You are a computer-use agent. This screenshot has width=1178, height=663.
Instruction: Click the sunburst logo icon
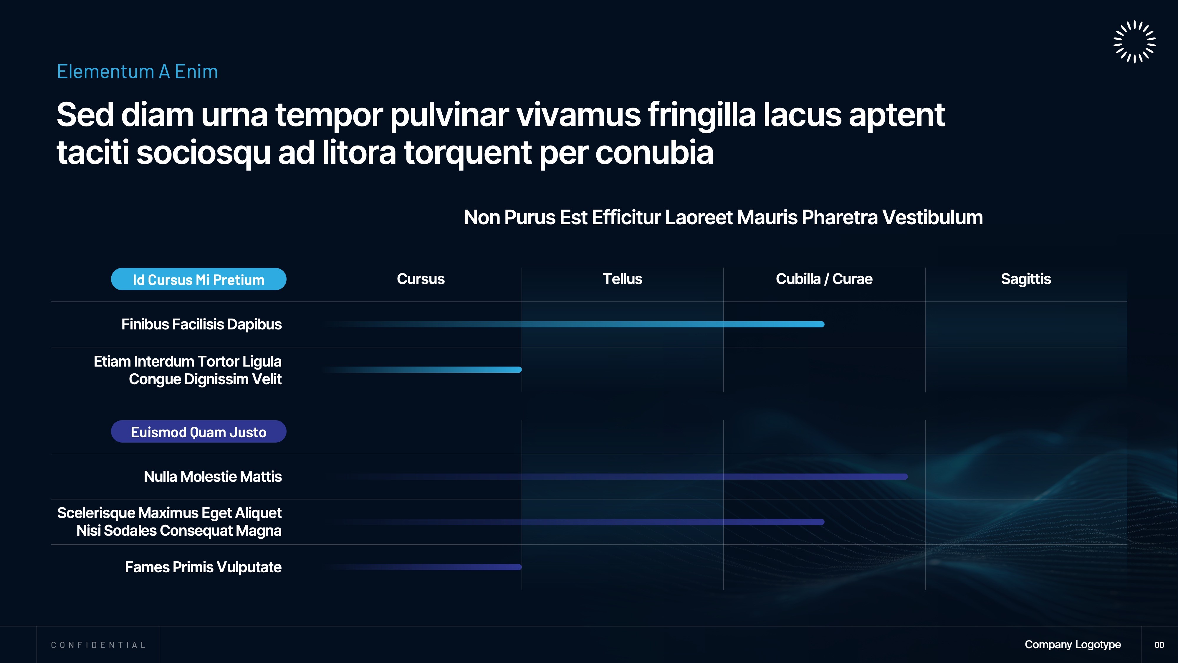(x=1134, y=42)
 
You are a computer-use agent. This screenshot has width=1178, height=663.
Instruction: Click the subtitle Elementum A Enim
(x=137, y=72)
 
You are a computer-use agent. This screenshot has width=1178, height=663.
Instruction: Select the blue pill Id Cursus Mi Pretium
(x=198, y=279)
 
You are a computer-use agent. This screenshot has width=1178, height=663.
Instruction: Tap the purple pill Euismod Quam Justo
(x=198, y=431)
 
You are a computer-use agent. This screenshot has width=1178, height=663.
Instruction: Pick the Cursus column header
(x=421, y=279)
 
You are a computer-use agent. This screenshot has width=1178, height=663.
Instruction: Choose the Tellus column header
(x=622, y=279)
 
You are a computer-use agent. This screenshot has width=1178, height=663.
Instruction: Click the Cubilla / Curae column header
(x=824, y=279)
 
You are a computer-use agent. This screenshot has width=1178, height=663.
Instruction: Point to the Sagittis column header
(x=1026, y=279)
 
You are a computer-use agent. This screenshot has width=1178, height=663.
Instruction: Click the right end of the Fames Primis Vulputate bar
(x=520, y=567)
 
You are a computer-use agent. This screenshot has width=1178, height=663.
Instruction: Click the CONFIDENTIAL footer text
(x=98, y=645)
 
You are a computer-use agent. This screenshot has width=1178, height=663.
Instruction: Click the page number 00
(x=1159, y=645)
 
